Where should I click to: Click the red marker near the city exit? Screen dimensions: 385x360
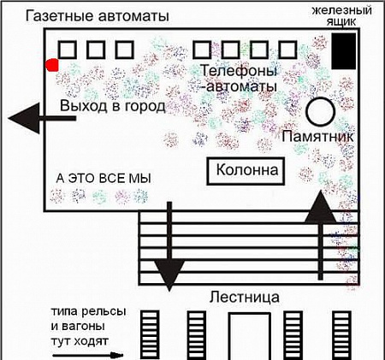coord(52,65)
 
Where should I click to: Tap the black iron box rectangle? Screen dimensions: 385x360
coord(344,51)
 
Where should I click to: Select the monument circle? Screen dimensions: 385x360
coord(321,112)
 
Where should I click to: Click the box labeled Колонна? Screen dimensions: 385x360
coord(246,171)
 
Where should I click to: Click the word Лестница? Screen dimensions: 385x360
coord(245,298)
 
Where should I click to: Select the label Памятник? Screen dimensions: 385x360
coord(317,136)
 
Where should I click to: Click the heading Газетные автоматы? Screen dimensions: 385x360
coord(98,16)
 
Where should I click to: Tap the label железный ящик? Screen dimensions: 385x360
coord(341,16)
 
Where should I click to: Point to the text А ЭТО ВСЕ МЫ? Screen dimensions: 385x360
coord(104,179)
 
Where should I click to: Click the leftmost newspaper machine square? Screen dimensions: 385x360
coord(68,50)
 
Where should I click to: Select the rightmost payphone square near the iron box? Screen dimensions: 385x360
coord(287,50)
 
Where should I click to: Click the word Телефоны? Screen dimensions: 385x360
coord(239,70)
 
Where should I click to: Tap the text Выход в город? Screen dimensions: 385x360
coord(113,106)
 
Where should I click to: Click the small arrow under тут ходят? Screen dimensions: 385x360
coord(88,355)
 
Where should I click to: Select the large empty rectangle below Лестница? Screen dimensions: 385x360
coord(250,336)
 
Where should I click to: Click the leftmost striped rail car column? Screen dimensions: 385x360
coord(150,335)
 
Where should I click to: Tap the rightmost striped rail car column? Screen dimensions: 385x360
coord(342,335)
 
